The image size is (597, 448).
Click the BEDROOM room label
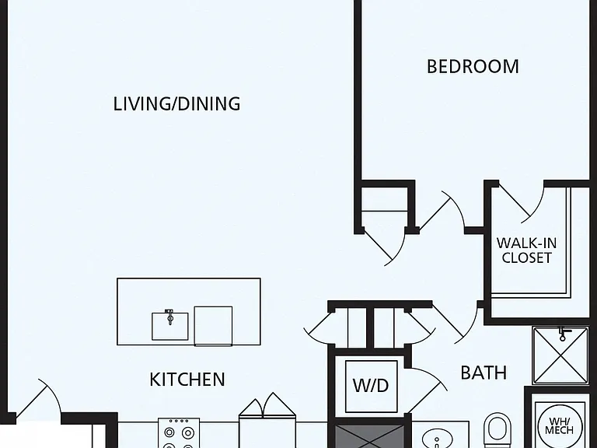click(473, 66)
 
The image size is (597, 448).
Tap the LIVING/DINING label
click(177, 103)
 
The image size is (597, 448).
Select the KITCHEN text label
click(187, 380)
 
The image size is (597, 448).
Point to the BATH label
click(484, 373)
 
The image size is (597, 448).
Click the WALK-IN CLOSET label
click(526, 250)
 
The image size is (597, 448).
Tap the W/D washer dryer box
click(372, 387)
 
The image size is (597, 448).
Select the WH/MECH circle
click(560, 425)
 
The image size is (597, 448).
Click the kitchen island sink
click(170, 326)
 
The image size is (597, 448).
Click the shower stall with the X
click(560, 355)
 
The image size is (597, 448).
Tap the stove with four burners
click(179, 433)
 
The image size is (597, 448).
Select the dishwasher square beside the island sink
click(213, 326)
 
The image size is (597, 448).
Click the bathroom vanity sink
click(437, 438)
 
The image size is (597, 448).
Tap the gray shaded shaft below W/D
click(369, 436)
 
